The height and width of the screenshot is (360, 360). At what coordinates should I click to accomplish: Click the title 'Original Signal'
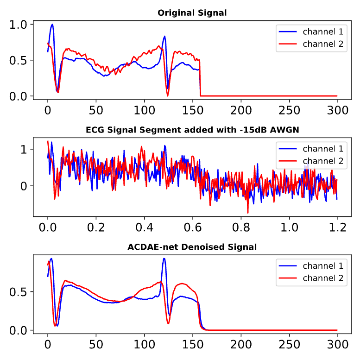(x=192, y=13)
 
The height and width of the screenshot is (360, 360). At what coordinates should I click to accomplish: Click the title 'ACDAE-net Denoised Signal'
(x=192, y=247)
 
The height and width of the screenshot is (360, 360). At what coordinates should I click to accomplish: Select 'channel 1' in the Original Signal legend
(x=323, y=32)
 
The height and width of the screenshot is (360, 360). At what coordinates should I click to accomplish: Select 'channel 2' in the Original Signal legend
(x=323, y=44)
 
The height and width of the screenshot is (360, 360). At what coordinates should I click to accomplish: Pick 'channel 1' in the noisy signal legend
(x=323, y=149)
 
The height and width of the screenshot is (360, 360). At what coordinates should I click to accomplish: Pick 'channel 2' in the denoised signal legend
(x=323, y=278)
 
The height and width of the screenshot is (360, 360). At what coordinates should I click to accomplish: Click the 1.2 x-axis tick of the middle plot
(x=338, y=228)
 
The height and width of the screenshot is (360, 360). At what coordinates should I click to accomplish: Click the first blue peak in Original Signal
(x=52, y=25)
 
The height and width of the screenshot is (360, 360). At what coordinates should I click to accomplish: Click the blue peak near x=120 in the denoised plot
(x=164, y=259)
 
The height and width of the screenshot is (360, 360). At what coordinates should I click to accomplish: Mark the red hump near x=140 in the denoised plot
(x=183, y=284)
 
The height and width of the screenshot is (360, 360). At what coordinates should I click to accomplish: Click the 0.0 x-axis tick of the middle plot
(x=47, y=228)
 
